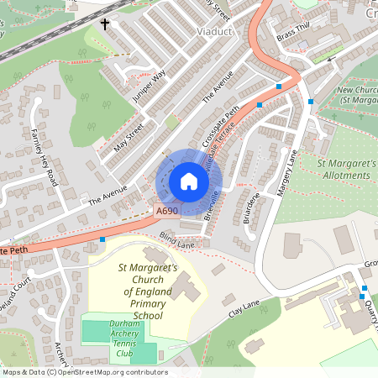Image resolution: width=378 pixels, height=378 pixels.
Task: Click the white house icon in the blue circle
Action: [x=188, y=181]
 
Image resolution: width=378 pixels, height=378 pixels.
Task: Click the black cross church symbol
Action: [x=106, y=24]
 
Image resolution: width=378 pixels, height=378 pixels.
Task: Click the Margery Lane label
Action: [x=286, y=172]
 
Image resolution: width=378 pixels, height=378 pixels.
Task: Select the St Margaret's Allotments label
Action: [x=345, y=168]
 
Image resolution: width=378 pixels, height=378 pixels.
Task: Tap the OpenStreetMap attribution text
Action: [x=84, y=372]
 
